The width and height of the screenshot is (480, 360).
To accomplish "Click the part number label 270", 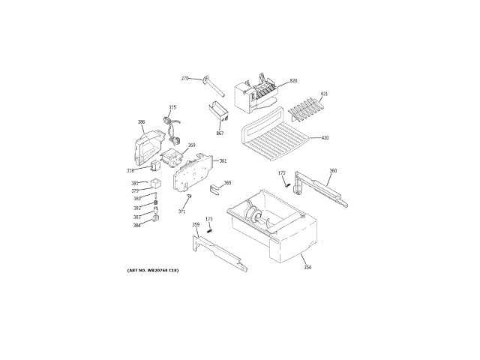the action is click(x=185, y=78).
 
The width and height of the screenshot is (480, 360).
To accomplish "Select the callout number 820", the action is click(x=293, y=80).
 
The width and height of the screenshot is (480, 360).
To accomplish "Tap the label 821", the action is click(x=325, y=94).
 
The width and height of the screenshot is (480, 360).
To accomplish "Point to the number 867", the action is click(x=220, y=133).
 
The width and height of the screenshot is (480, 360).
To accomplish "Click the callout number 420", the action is click(x=325, y=138).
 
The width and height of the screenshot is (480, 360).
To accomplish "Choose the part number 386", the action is click(x=141, y=121).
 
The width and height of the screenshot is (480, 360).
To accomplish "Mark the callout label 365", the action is click(x=227, y=183).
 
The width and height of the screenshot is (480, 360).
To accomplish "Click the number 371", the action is click(x=181, y=211).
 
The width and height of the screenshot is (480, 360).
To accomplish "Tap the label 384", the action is click(x=137, y=225).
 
